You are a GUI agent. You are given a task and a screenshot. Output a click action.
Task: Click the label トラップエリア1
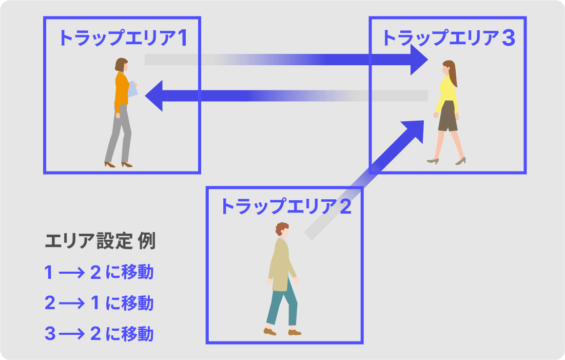122,39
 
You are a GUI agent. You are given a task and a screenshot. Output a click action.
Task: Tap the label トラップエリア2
285,206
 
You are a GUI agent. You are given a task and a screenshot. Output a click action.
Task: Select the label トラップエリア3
448,39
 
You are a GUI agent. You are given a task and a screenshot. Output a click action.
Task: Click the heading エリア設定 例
100,241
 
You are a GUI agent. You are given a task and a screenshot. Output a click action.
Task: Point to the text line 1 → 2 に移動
99,272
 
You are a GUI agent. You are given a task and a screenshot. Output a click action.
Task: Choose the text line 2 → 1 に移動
99,304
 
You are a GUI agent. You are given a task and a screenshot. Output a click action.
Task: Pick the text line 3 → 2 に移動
99,334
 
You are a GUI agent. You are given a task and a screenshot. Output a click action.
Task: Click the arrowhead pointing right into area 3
418,60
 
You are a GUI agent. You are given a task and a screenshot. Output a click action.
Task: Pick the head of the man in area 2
282,230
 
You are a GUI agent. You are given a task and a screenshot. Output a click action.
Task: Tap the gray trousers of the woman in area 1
120,134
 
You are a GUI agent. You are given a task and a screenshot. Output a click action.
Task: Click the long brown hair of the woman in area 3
452,75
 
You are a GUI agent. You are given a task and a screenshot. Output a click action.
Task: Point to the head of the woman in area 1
122,65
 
